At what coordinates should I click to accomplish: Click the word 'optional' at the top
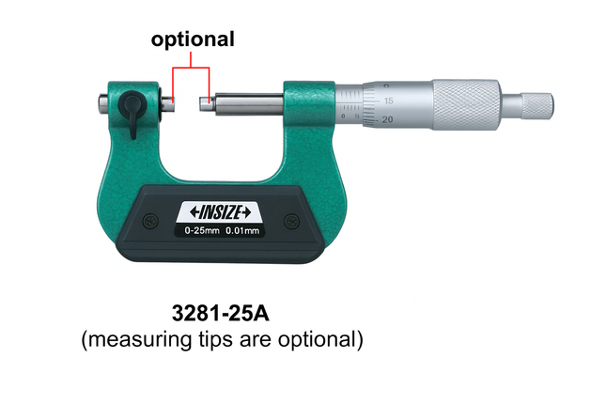(x=193, y=39)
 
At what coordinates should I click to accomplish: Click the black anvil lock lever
(x=132, y=113)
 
